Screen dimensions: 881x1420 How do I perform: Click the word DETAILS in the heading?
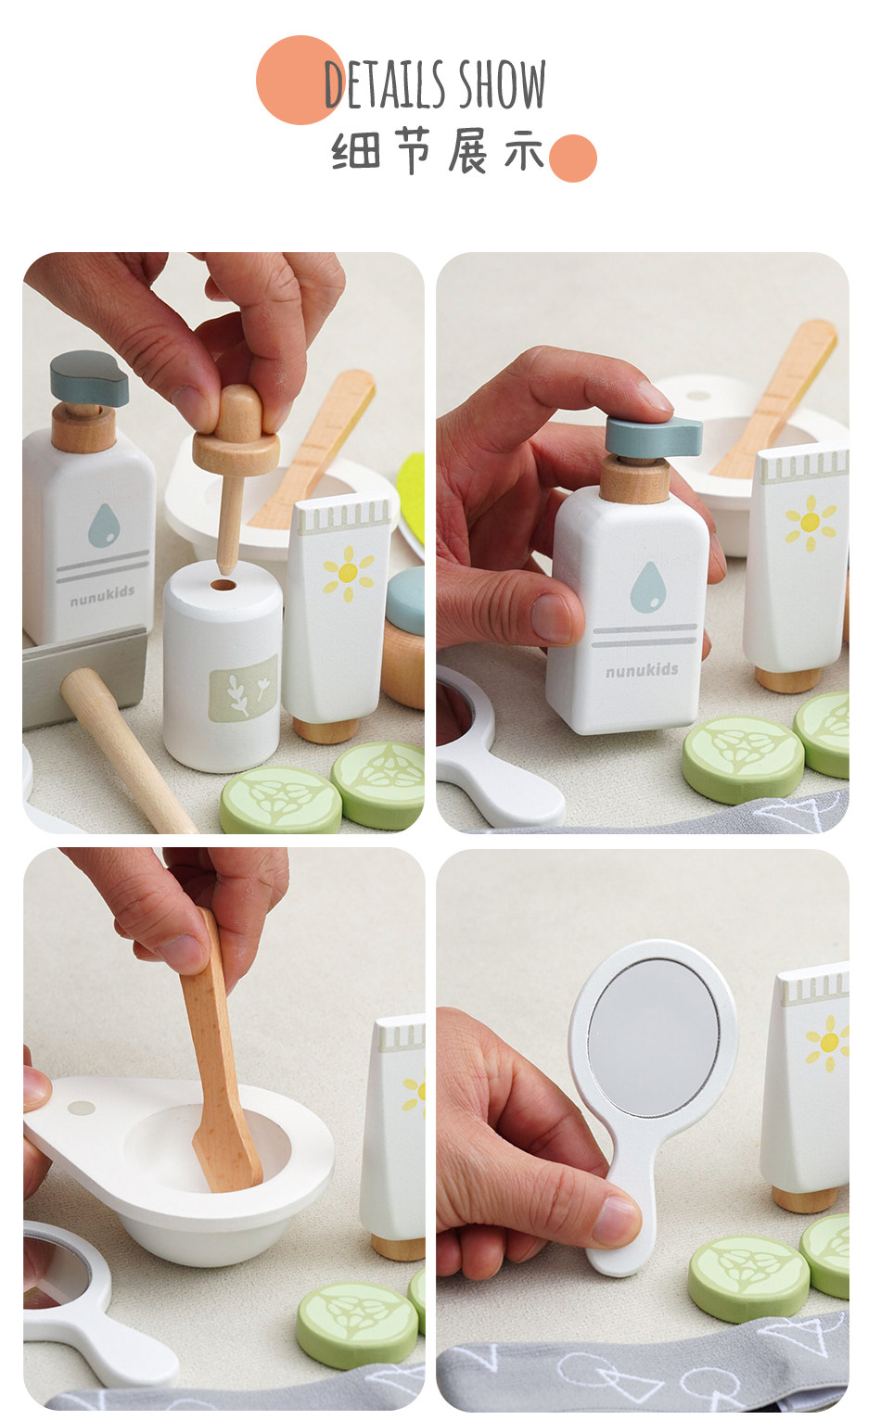[x=384, y=84]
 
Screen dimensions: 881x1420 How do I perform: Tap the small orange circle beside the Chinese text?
[x=573, y=158]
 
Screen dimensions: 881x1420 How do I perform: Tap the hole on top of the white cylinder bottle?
[x=222, y=585]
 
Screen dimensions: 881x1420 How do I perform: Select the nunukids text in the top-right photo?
[x=642, y=670]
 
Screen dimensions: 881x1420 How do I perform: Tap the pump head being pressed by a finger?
[x=653, y=436]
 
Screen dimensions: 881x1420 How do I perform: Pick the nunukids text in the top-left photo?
[x=102, y=596]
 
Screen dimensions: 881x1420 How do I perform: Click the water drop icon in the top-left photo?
[x=104, y=525]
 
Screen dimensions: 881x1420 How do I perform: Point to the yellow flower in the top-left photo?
[x=348, y=573]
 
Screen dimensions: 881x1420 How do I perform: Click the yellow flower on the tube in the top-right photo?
[x=810, y=523]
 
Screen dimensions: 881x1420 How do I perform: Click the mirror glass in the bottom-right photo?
[x=653, y=1038]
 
